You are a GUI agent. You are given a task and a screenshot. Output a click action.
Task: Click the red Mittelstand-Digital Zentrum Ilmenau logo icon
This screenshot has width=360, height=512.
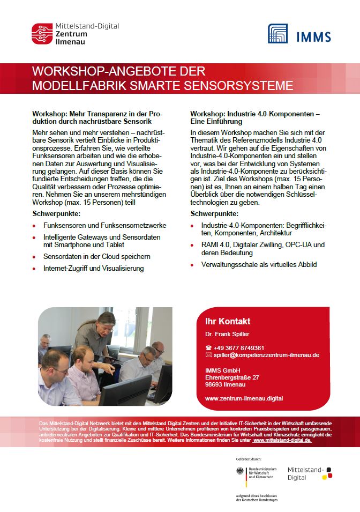click(x=42, y=34)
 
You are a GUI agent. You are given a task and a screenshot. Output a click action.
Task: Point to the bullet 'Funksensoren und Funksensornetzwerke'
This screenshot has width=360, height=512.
click(x=105, y=226)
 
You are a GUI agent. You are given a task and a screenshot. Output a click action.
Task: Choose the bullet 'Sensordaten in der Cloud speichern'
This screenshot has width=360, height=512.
click(x=97, y=257)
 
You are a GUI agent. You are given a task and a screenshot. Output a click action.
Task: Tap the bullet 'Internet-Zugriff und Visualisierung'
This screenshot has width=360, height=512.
click(x=94, y=268)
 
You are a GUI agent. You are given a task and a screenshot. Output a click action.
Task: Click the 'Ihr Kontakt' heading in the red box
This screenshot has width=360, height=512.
click(x=228, y=322)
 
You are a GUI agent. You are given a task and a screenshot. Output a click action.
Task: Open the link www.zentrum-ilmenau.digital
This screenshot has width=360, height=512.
click(x=244, y=398)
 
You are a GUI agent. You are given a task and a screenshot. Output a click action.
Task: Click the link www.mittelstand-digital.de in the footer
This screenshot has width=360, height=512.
click(x=282, y=440)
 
